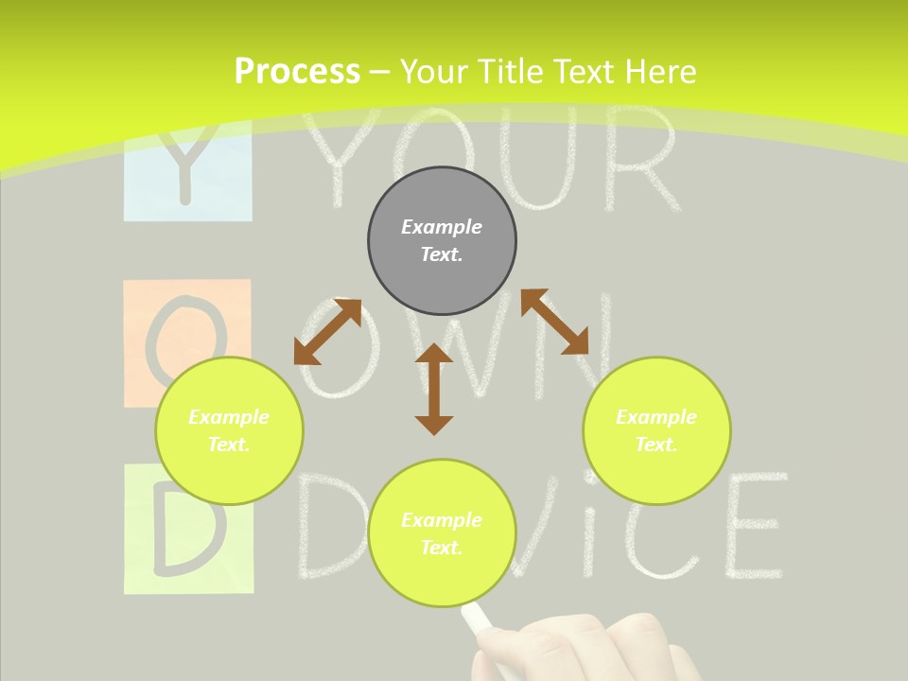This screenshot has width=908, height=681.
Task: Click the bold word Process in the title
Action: click(297, 72)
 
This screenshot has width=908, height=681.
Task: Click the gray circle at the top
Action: click(442, 240)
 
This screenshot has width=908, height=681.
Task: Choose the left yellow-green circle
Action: click(229, 430)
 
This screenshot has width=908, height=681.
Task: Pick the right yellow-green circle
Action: click(656, 430)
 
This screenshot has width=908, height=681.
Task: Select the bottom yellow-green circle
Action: click(442, 533)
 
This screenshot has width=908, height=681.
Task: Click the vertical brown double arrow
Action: click(434, 389)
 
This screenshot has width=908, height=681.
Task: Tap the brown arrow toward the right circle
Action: click(554, 322)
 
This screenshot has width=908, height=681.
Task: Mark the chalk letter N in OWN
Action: click(577, 345)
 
